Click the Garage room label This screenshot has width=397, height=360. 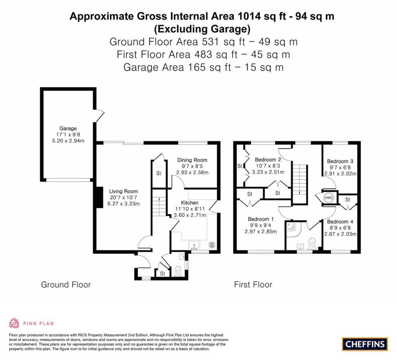click(68, 128)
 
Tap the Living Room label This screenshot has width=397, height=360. click(123, 191)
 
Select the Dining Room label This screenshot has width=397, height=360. click(192, 160)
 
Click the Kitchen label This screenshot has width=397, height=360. click(190, 202)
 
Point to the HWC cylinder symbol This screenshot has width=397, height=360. click(328, 197)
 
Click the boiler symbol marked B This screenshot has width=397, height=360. click(212, 245)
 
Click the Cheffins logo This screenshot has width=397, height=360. click(364, 344)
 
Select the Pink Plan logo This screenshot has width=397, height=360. click(31, 323)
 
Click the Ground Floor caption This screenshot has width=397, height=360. click(66, 285)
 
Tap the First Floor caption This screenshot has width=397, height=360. click(253, 285)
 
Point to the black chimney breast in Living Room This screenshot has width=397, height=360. click(99, 198)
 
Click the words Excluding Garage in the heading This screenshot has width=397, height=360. click(202, 29)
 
